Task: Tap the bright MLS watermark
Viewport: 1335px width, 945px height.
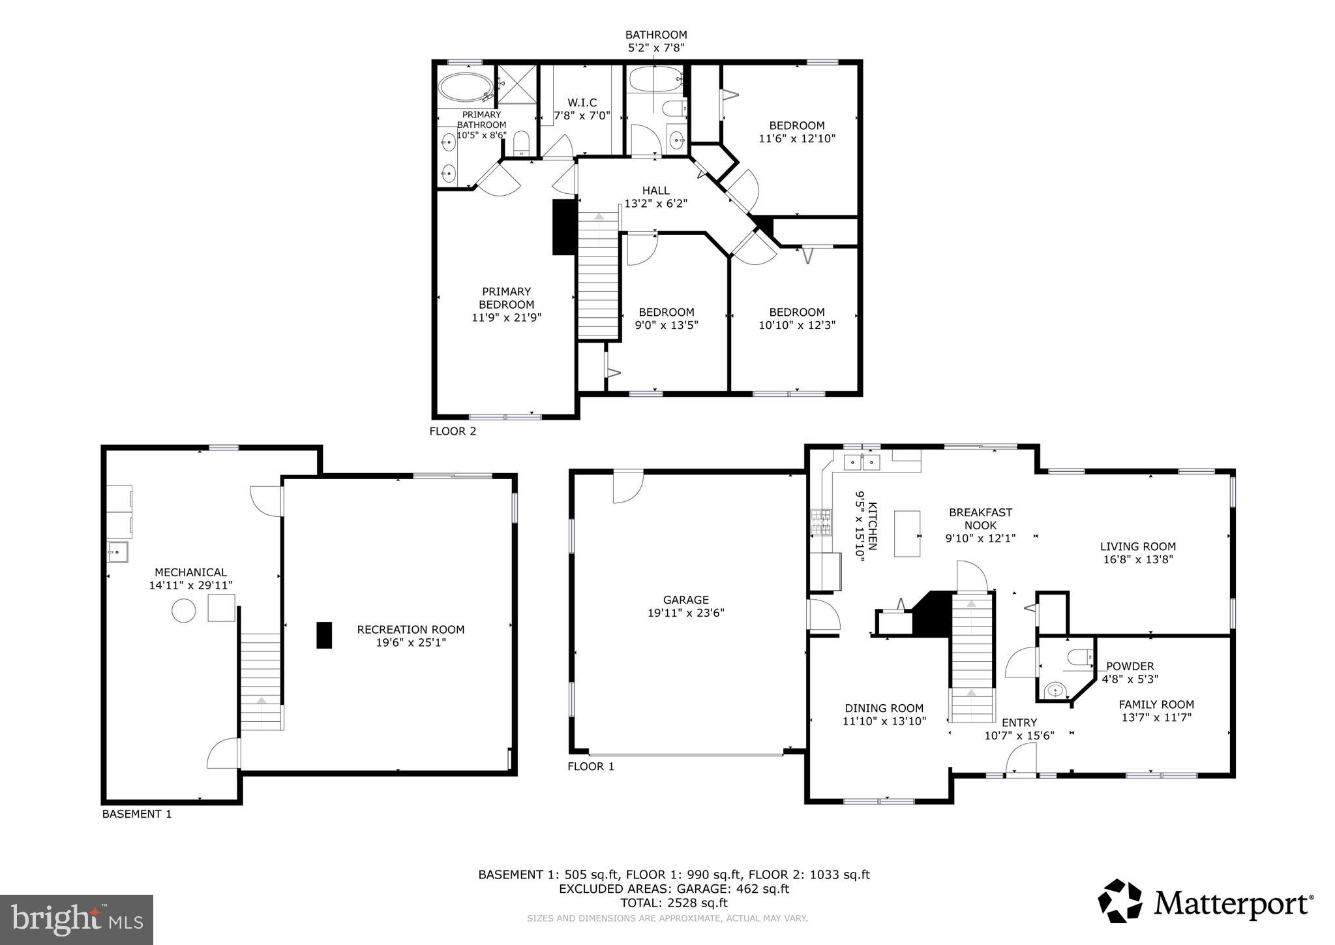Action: [x=76, y=920]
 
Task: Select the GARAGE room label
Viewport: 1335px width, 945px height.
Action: [x=685, y=600]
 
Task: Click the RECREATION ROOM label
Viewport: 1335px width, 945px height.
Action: [x=410, y=630]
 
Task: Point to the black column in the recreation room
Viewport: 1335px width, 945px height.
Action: [x=324, y=635]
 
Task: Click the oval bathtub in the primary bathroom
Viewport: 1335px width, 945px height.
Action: [x=464, y=88]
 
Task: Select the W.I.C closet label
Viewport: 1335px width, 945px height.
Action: [x=582, y=103]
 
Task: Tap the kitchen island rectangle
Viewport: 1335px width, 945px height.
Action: [x=907, y=533]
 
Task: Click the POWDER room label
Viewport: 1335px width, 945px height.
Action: [x=1130, y=666]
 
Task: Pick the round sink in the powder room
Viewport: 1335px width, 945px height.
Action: [x=1055, y=690]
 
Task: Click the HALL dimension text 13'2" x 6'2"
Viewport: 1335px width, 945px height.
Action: [x=655, y=204]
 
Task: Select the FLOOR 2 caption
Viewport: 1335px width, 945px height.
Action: [x=453, y=431]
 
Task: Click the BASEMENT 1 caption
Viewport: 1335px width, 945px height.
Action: [x=137, y=814]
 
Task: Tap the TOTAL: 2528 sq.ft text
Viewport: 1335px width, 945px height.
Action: [x=674, y=903]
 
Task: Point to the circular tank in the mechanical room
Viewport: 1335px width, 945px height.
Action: [x=183, y=611]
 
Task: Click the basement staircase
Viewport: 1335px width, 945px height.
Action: [x=261, y=682]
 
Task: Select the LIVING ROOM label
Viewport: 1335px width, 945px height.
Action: [x=1137, y=547]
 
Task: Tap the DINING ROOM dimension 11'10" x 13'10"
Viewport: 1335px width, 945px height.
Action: [x=884, y=721]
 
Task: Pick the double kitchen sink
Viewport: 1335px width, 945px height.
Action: [x=862, y=463]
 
